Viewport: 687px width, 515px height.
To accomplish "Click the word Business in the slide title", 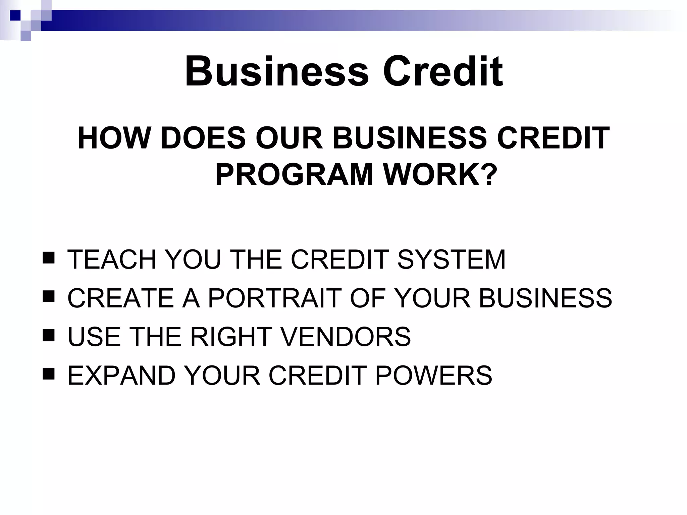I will pos(277,72).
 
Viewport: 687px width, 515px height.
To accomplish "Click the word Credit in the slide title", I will pos(443,72).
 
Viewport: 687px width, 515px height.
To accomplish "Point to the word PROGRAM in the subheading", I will pos(294,175).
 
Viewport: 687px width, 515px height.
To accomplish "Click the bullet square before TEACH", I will pos(49,258).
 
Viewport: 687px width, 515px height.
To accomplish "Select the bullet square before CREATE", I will pos(49,297).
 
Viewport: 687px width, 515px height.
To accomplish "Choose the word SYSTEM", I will pos(451,259).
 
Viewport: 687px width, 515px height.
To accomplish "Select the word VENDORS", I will pos(346,336).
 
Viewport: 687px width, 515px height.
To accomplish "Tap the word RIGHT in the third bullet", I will pos(231,336).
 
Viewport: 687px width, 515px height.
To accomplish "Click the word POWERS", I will pos(433,375).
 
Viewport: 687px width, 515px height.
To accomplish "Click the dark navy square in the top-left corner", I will pos(15,16).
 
